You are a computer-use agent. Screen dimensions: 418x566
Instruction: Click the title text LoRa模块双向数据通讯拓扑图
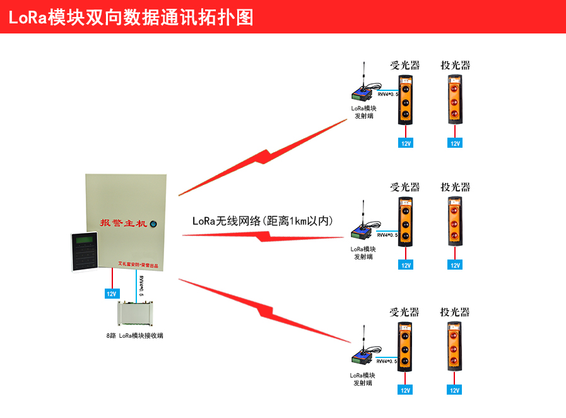[131, 17]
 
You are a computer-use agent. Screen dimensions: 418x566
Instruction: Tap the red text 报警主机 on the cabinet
[123, 223]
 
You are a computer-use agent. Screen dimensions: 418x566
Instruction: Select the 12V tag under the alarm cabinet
[112, 294]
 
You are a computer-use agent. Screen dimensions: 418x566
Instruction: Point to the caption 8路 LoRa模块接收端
[134, 335]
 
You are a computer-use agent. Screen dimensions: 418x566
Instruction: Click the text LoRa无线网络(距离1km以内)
[262, 221]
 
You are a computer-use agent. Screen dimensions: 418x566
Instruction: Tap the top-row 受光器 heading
[404, 65]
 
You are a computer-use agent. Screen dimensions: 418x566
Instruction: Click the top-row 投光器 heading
[455, 65]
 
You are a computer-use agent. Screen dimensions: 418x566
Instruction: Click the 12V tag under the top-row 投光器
[455, 143]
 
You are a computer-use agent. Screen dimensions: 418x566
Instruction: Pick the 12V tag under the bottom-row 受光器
[405, 390]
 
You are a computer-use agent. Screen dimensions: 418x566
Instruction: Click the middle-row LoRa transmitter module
[362, 230]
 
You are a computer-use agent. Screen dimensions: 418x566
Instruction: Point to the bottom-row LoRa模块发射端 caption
[362, 379]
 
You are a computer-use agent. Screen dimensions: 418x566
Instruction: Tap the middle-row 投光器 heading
[455, 187]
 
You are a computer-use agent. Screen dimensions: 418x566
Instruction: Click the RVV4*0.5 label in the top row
[387, 94]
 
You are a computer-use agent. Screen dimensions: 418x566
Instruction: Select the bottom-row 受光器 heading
[404, 312]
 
